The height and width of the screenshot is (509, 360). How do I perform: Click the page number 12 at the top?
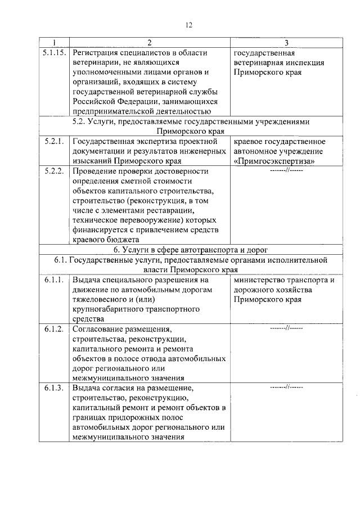click(189, 24)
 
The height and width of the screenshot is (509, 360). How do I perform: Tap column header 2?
click(150, 43)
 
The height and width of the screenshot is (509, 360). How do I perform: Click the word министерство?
click(261, 280)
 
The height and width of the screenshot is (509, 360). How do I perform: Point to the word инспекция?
click(304, 62)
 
